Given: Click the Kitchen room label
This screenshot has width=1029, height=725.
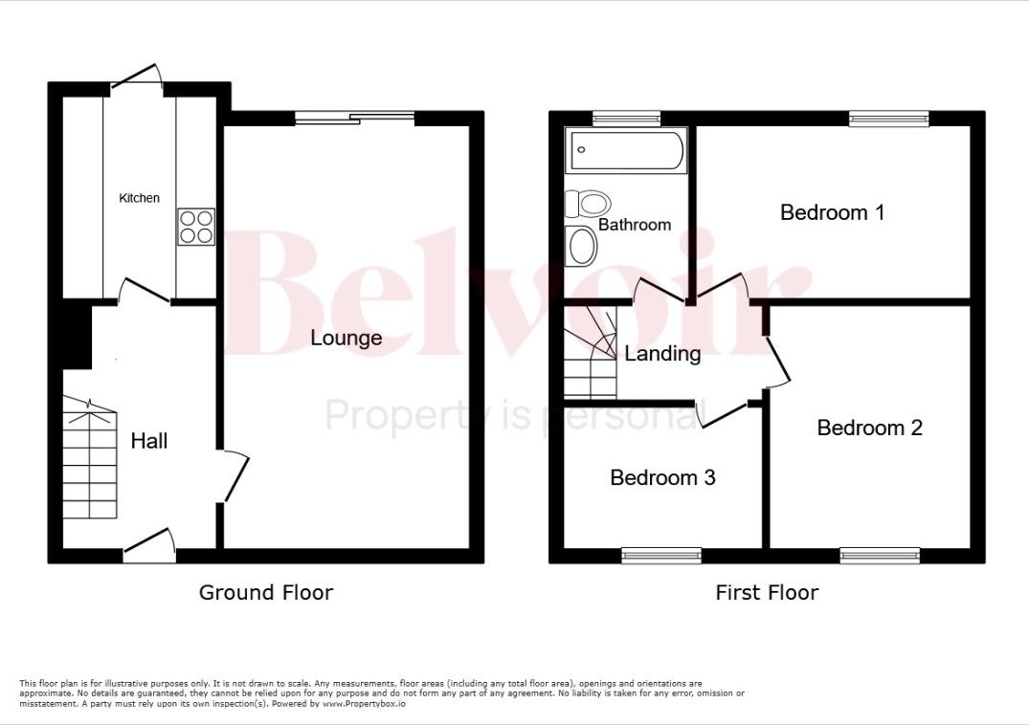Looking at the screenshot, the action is click(x=139, y=198).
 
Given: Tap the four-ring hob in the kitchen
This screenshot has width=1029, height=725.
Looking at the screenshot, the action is click(x=196, y=227).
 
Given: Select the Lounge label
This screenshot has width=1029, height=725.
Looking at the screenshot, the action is click(x=346, y=339).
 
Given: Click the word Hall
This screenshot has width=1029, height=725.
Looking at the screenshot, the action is click(x=149, y=441).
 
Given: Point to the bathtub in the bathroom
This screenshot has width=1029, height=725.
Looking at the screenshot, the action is click(x=627, y=151).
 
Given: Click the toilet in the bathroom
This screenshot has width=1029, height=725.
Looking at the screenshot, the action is click(x=588, y=204).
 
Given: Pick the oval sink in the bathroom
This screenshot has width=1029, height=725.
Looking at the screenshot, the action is click(x=581, y=246).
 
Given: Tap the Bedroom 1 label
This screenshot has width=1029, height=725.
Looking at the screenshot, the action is click(x=832, y=212).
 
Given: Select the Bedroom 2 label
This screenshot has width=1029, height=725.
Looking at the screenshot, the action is click(x=869, y=428).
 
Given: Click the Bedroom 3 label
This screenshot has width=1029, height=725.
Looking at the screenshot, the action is click(x=662, y=477).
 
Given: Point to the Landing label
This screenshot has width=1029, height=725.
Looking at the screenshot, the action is click(x=662, y=354).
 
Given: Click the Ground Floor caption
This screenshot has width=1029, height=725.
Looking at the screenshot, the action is click(x=266, y=593).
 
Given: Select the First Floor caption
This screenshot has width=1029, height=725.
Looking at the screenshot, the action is click(x=767, y=593).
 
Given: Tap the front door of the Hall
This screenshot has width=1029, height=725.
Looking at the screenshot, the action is click(x=149, y=545).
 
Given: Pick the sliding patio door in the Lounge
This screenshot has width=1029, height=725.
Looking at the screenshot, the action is click(x=355, y=118).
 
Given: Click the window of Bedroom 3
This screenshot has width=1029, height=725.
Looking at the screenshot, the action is click(x=661, y=556).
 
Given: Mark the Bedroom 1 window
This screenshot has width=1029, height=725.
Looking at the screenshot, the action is click(x=889, y=118).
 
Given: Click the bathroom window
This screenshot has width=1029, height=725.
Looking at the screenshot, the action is click(x=627, y=118).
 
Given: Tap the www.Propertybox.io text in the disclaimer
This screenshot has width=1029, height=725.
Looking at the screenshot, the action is click(x=364, y=704).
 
